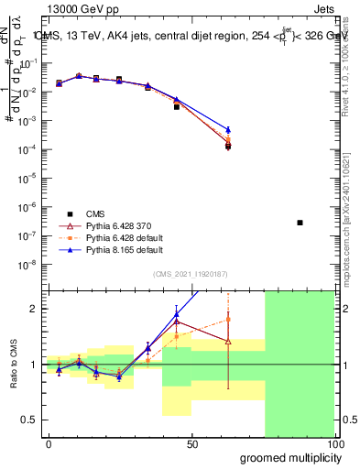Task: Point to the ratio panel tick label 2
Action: point(34,309)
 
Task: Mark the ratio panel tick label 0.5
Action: point(29,420)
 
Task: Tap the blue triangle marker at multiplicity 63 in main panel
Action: point(228,129)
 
